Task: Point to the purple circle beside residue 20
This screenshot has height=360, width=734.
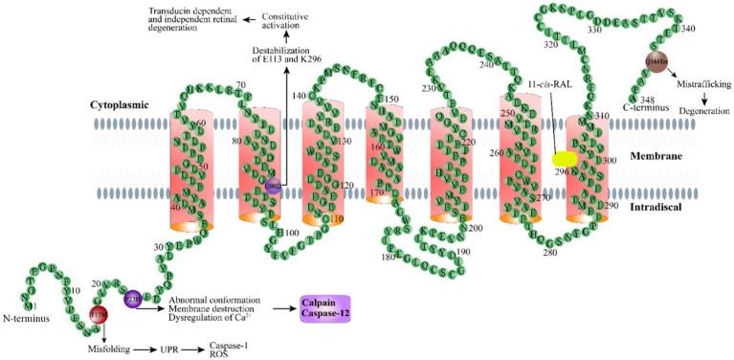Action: click(132, 299)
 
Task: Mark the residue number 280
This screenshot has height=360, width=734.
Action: click(549, 252)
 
